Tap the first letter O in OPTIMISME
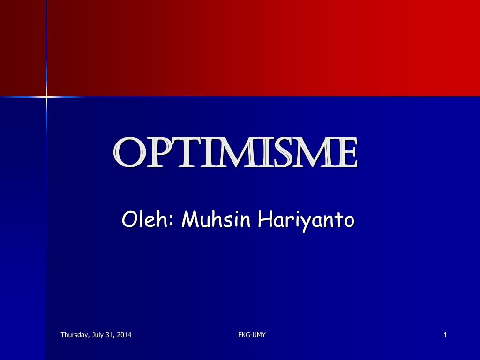click(x=127, y=153)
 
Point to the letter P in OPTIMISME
click(x=155, y=153)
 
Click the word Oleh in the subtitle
click(x=145, y=219)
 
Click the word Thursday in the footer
click(x=73, y=335)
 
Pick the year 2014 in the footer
click(x=124, y=335)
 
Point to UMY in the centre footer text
click(x=259, y=335)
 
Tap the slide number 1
click(x=445, y=335)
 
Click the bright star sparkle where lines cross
click(x=46, y=97)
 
